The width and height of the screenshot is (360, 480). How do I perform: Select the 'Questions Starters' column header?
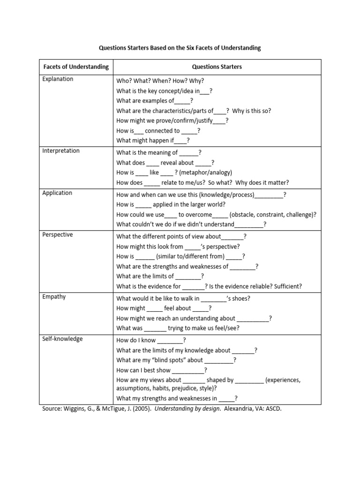click(x=219, y=67)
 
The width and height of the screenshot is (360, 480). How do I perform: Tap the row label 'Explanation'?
click(x=58, y=79)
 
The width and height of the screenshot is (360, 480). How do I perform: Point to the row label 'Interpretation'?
click(x=61, y=151)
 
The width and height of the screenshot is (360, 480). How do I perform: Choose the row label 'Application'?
click(x=57, y=193)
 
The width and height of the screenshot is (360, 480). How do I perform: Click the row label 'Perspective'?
click(x=58, y=235)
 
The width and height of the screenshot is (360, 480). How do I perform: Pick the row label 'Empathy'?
click(x=54, y=297)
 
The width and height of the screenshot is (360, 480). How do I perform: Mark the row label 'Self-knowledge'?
click(x=62, y=339)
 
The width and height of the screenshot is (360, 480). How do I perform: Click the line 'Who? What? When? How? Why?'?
click(x=160, y=81)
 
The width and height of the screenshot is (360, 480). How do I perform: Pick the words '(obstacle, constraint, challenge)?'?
click(x=273, y=215)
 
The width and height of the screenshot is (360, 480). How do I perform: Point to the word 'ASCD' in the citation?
click(x=274, y=409)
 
